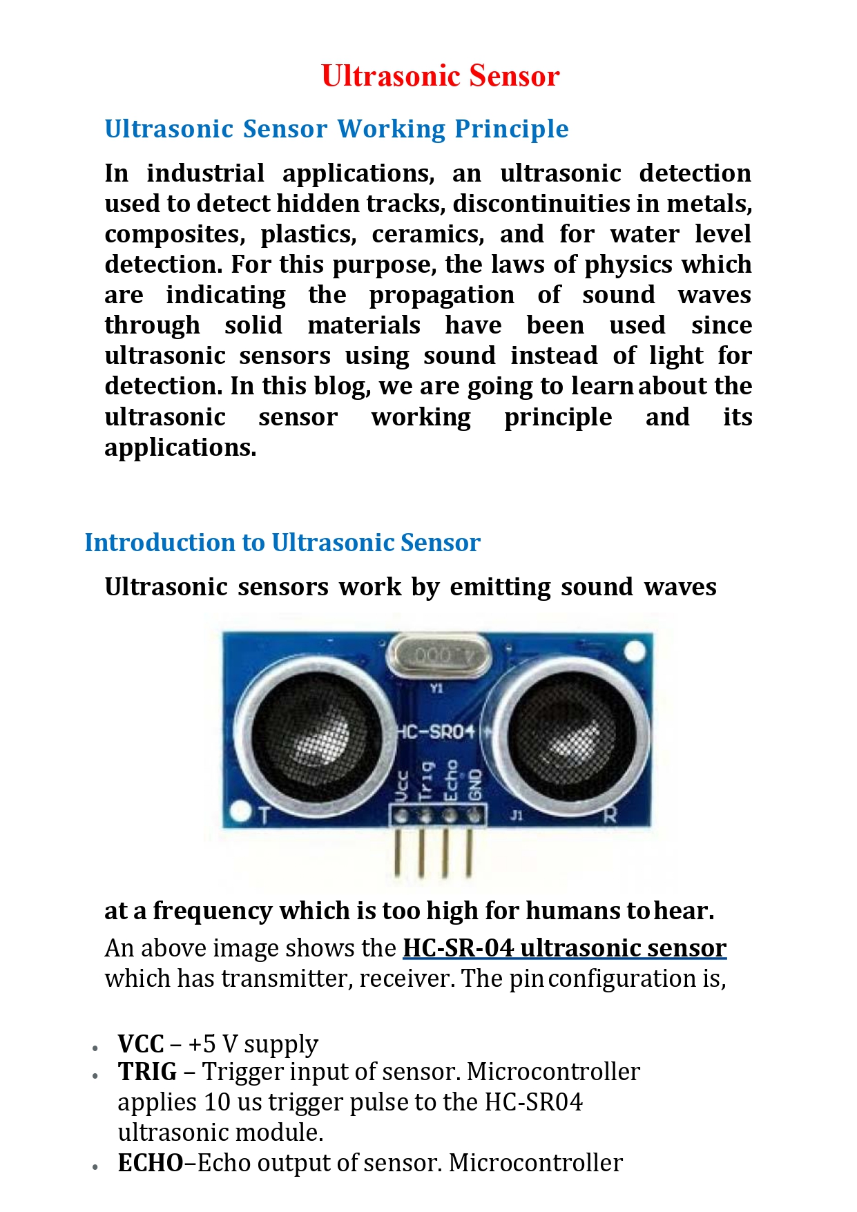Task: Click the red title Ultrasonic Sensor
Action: click(x=440, y=76)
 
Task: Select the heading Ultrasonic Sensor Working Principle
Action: click(x=336, y=129)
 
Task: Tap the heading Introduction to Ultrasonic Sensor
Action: click(x=282, y=543)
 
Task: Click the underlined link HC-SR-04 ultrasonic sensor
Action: click(x=564, y=948)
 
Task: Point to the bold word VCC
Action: click(x=141, y=1043)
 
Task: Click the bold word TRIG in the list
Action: click(x=147, y=1072)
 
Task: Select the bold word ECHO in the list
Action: click(x=151, y=1163)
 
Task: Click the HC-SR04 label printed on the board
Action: click(x=436, y=731)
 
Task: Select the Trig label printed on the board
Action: click(x=426, y=780)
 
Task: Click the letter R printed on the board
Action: click(x=609, y=815)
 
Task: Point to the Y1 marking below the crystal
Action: click(x=436, y=688)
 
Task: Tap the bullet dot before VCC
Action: click(x=95, y=1048)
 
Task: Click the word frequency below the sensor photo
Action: click(x=212, y=912)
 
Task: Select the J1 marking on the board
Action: click(x=517, y=816)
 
